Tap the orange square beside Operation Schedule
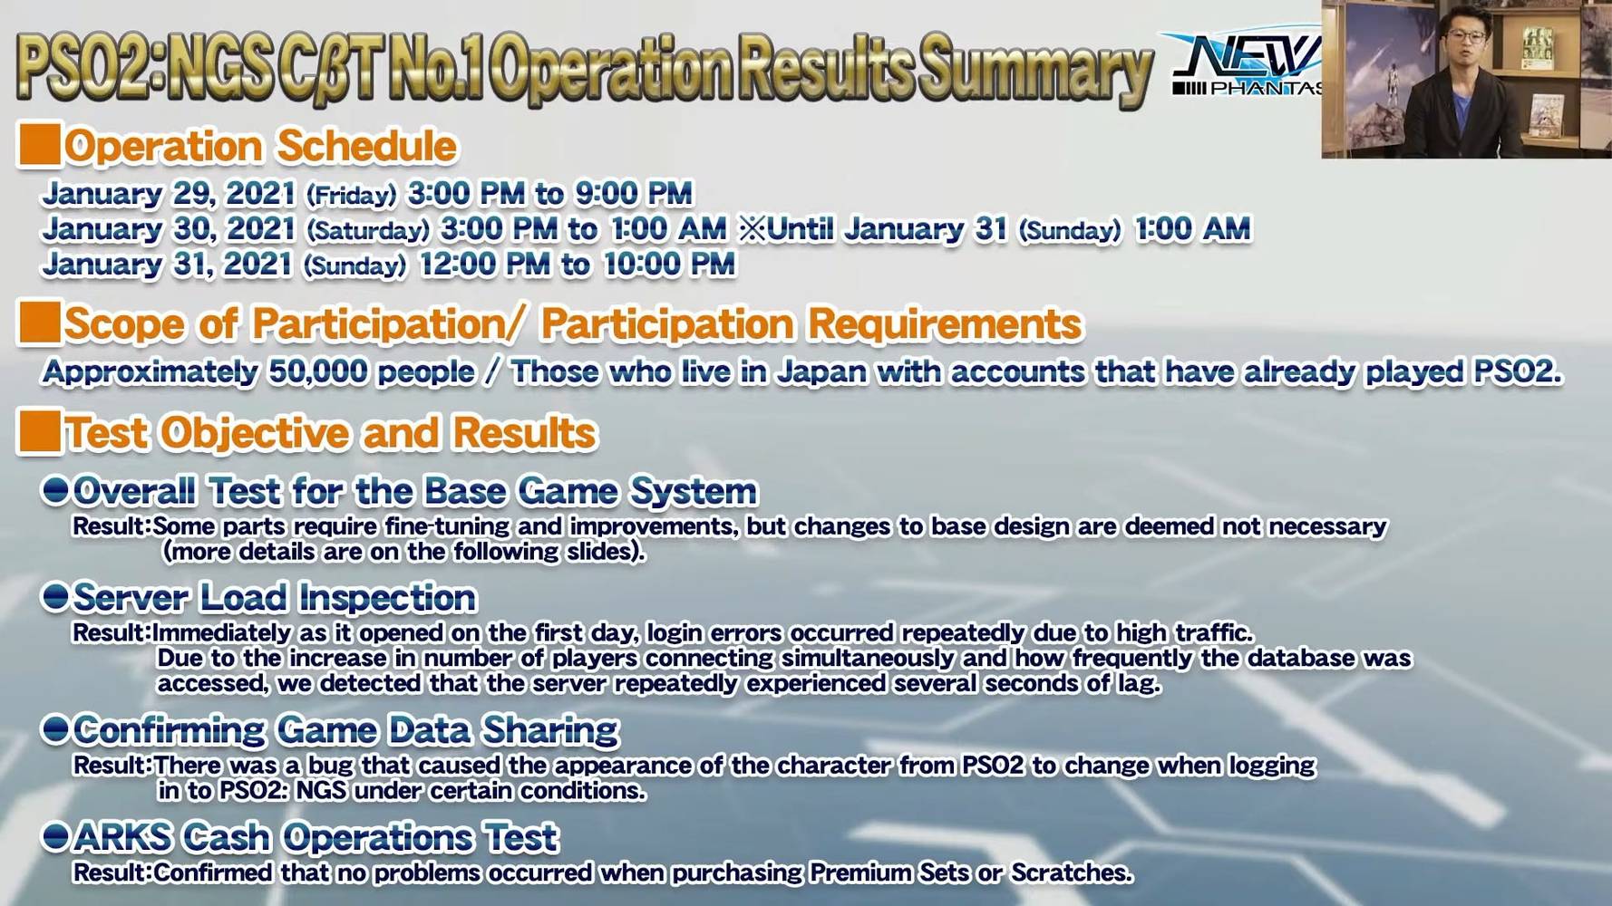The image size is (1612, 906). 39,145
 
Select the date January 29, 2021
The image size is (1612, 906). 169,193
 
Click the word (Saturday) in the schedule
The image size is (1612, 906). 367,231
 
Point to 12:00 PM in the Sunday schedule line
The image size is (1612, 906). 484,264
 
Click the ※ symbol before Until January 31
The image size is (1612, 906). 753,228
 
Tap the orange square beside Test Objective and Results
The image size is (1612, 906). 39,431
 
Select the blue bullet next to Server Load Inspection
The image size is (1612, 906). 55,597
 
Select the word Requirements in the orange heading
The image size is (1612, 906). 946,324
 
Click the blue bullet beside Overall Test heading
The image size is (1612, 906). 55,490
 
